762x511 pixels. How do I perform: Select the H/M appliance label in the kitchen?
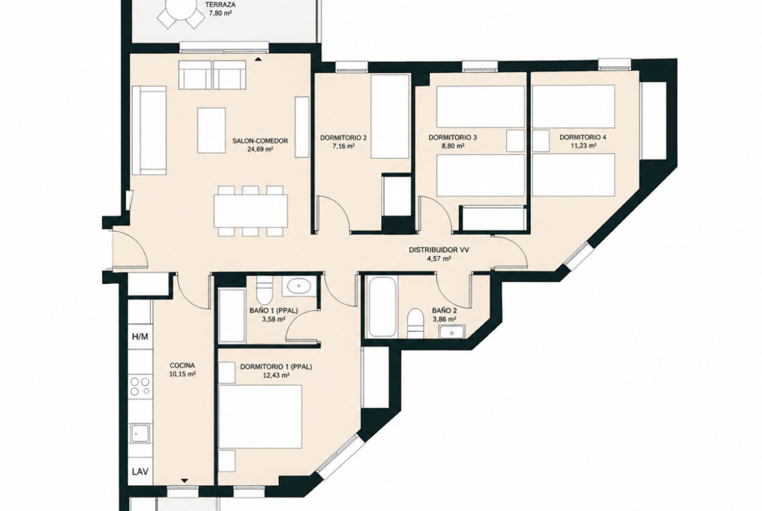point(141,336)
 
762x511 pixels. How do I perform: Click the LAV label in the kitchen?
point(141,471)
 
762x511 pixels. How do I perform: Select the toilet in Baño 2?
point(416,322)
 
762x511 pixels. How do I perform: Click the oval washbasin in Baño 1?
point(299,286)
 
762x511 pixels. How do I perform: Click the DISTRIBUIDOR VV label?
point(439,250)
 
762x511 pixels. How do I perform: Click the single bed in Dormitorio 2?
point(390,117)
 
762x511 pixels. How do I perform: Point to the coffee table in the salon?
point(212,130)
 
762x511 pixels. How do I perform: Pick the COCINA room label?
point(182,365)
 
